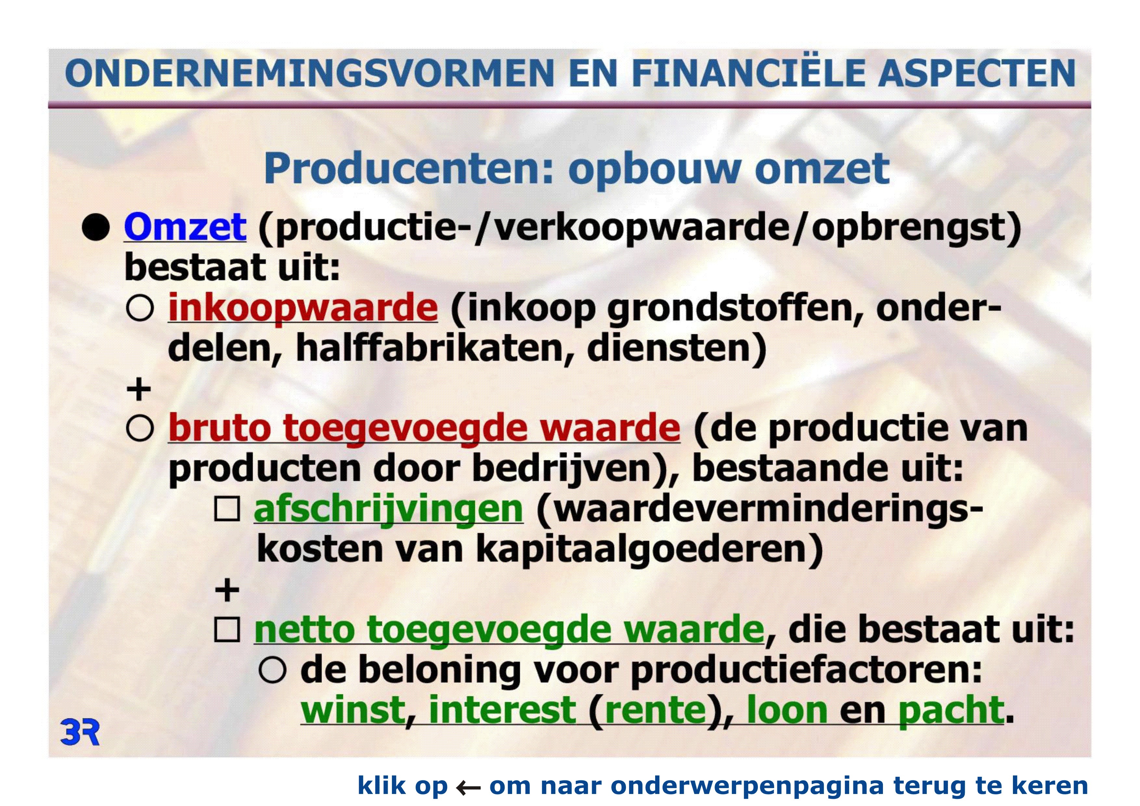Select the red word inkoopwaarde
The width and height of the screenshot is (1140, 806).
[x=303, y=308]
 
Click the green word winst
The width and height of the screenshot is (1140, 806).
[x=353, y=710]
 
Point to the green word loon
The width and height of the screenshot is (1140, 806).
[x=787, y=710]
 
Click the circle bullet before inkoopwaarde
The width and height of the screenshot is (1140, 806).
[x=140, y=308]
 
